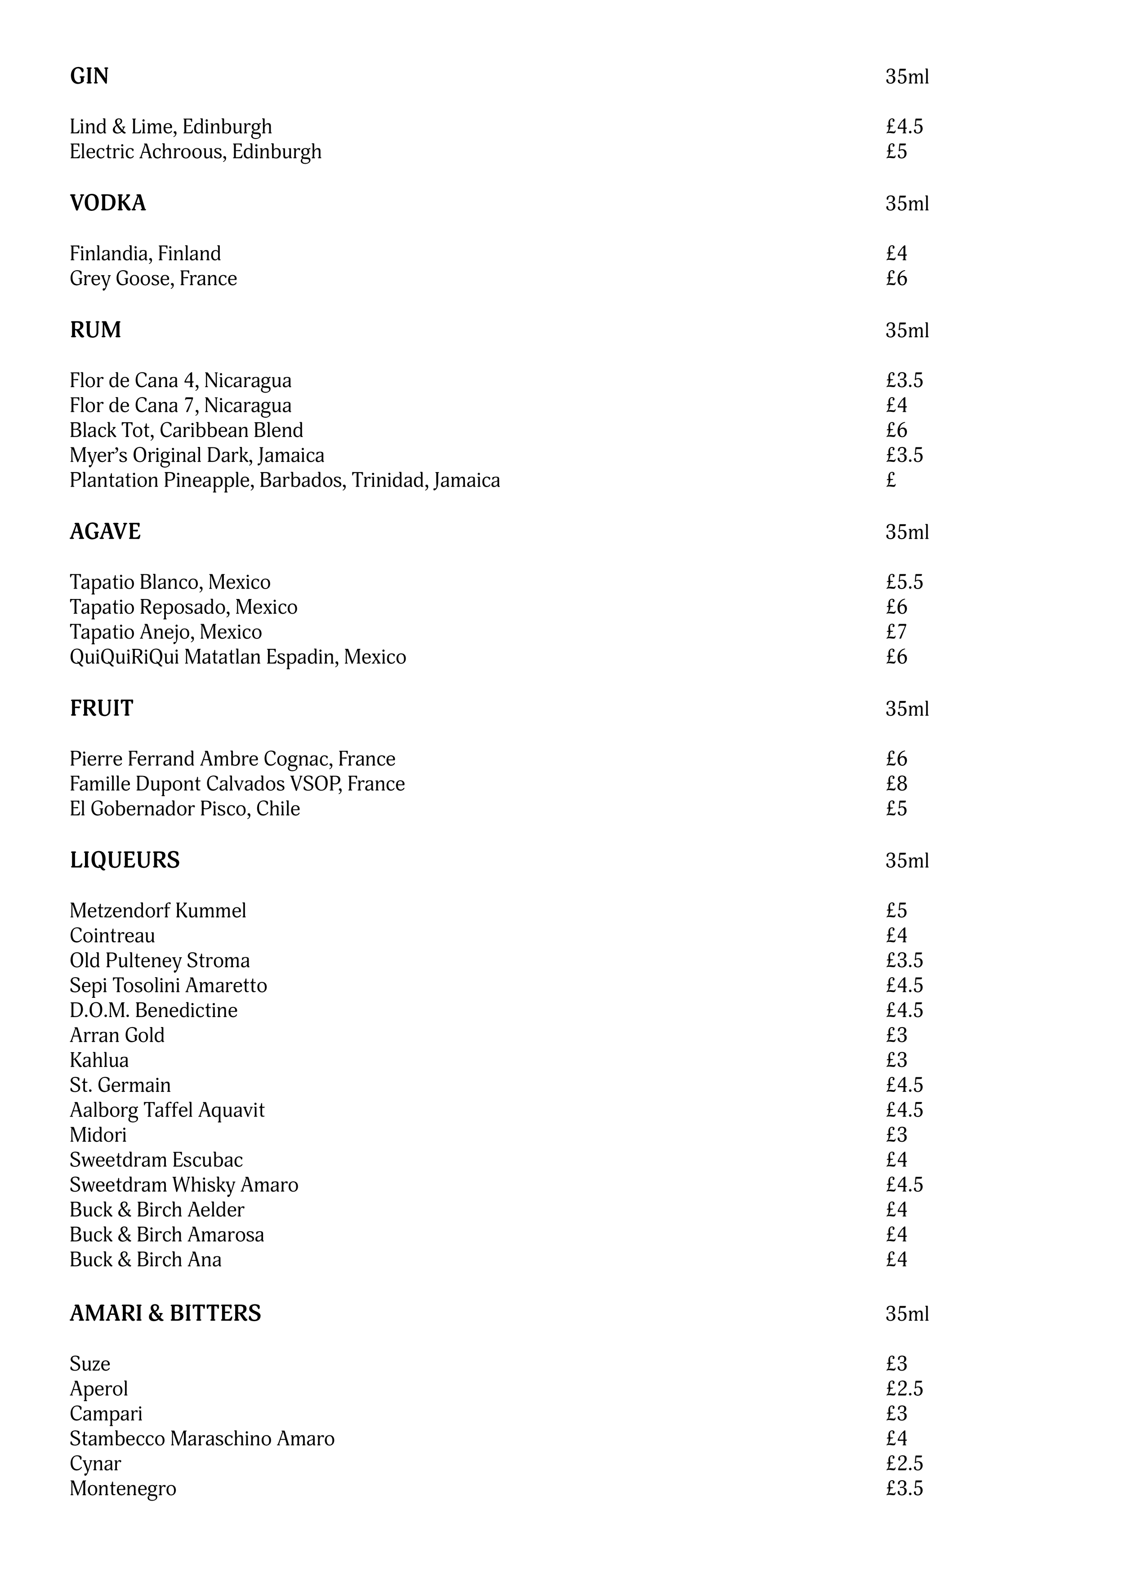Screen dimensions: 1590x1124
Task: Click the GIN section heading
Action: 89,76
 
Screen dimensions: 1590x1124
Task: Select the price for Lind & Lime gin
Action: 904,127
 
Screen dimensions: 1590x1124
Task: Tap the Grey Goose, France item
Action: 153,278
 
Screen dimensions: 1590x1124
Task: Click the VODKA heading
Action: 107,203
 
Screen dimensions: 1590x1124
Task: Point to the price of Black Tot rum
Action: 896,430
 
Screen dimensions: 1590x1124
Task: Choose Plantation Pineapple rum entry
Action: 285,480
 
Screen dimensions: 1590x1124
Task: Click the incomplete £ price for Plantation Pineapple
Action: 891,480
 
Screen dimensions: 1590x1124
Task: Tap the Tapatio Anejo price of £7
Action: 896,632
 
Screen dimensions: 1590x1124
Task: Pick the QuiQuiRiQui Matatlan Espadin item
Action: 237,657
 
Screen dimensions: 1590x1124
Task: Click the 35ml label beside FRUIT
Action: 906,708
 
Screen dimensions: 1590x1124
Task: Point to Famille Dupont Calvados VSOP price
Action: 896,783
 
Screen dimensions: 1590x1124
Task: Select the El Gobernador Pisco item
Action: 185,808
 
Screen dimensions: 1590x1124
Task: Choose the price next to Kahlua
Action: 896,1059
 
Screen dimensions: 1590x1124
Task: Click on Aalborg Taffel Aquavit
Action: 167,1109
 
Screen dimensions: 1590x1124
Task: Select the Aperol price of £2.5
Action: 904,1389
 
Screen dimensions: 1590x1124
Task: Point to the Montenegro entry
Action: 123,1488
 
